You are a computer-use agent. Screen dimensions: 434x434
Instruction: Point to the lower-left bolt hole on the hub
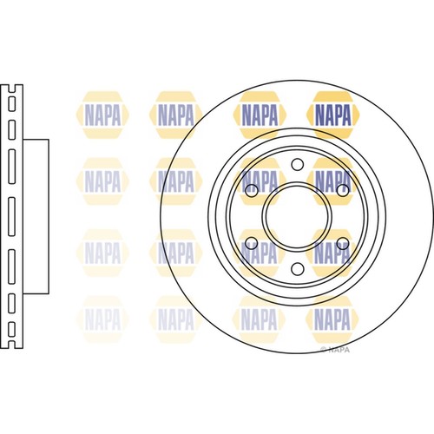252,242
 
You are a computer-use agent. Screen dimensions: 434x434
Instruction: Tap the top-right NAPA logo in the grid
334,112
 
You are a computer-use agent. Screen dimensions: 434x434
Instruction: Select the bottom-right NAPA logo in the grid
334,318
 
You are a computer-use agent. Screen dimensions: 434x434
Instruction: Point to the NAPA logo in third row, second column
178,250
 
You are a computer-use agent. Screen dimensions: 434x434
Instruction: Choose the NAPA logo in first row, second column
178,112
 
